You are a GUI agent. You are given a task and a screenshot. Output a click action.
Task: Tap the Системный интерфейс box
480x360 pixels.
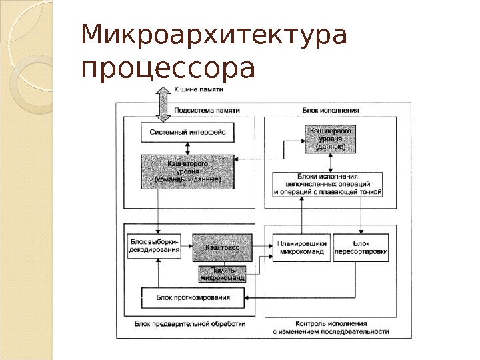[x=187, y=133]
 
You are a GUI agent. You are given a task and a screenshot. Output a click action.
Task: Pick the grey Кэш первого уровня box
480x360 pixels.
[x=329, y=139]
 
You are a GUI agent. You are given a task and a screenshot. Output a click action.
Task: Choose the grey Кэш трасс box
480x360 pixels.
[x=222, y=247]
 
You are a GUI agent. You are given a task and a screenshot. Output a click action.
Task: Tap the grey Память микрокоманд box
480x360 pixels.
[x=222, y=274]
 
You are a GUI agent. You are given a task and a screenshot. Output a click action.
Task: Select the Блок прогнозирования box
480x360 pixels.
[x=193, y=297]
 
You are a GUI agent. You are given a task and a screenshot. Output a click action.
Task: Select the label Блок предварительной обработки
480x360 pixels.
[x=189, y=323]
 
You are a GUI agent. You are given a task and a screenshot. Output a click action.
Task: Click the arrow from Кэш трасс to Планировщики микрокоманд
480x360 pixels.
[x=261, y=247]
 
